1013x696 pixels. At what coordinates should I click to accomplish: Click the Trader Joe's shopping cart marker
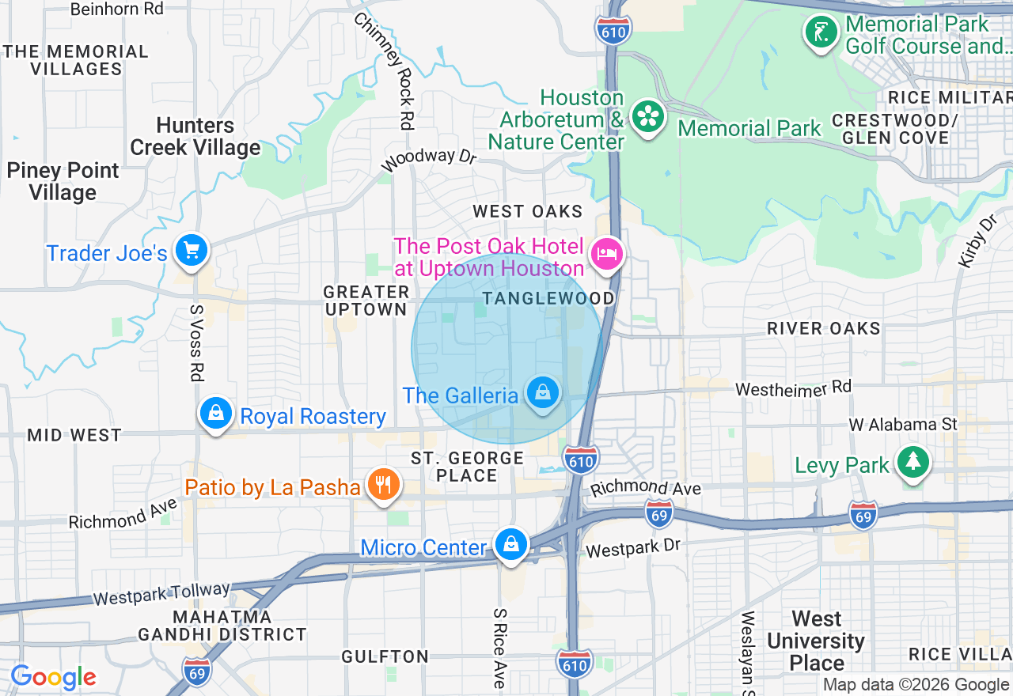tap(191, 250)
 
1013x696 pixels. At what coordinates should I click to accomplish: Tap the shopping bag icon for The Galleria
tap(543, 392)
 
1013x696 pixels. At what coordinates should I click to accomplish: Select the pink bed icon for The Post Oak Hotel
tap(606, 255)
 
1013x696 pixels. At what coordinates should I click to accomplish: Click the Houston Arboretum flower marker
tap(648, 118)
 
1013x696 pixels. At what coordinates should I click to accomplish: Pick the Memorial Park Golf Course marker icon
tap(821, 32)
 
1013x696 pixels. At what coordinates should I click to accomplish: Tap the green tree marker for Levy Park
tap(912, 461)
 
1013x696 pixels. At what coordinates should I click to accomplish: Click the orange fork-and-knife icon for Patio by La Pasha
tap(384, 484)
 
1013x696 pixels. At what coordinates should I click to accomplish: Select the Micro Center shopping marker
tap(511, 544)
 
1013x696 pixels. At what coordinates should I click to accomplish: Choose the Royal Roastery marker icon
tap(215, 413)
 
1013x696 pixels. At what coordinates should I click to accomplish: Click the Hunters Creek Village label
tap(195, 137)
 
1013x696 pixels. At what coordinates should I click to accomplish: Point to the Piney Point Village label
tap(63, 181)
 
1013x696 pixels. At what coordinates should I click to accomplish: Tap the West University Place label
tap(816, 641)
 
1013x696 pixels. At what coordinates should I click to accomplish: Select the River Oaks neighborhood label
tap(823, 328)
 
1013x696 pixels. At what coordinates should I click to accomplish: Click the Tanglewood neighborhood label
tap(548, 298)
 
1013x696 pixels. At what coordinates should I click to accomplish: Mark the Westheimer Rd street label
tap(793, 388)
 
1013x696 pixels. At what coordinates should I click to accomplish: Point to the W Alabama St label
tap(903, 425)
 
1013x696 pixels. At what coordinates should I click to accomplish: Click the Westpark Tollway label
tap(161, 593)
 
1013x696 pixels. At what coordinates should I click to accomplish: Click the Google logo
tap(53, 677)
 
